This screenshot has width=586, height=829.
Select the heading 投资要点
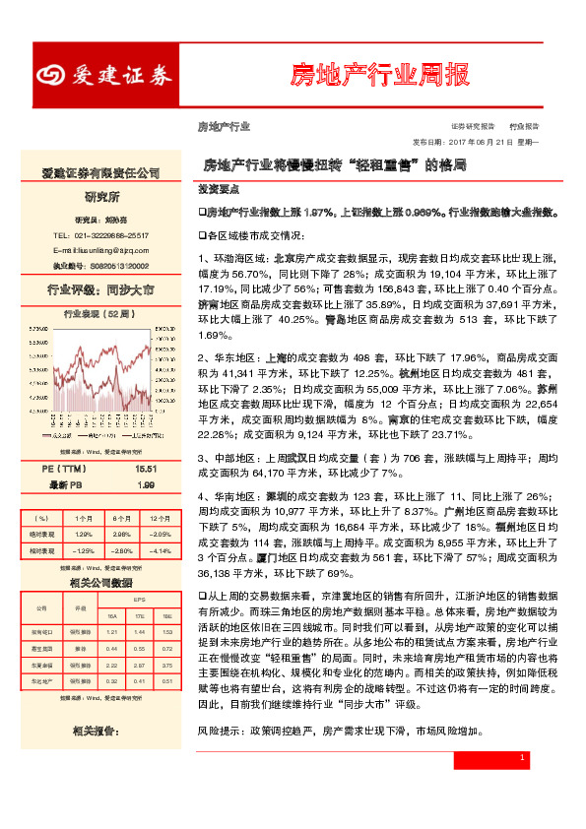pyautogui.click(x=215, y=187)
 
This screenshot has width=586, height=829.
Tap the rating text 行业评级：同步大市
pyautogui.click(x=101, y=290)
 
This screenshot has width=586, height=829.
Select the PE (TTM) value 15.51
pyautogui.click(x=147, y=471)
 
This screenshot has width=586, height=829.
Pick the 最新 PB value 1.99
pyautogui.click(x=147, y=485)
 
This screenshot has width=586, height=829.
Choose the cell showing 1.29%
pyautogui.click(x=83, y=533)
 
